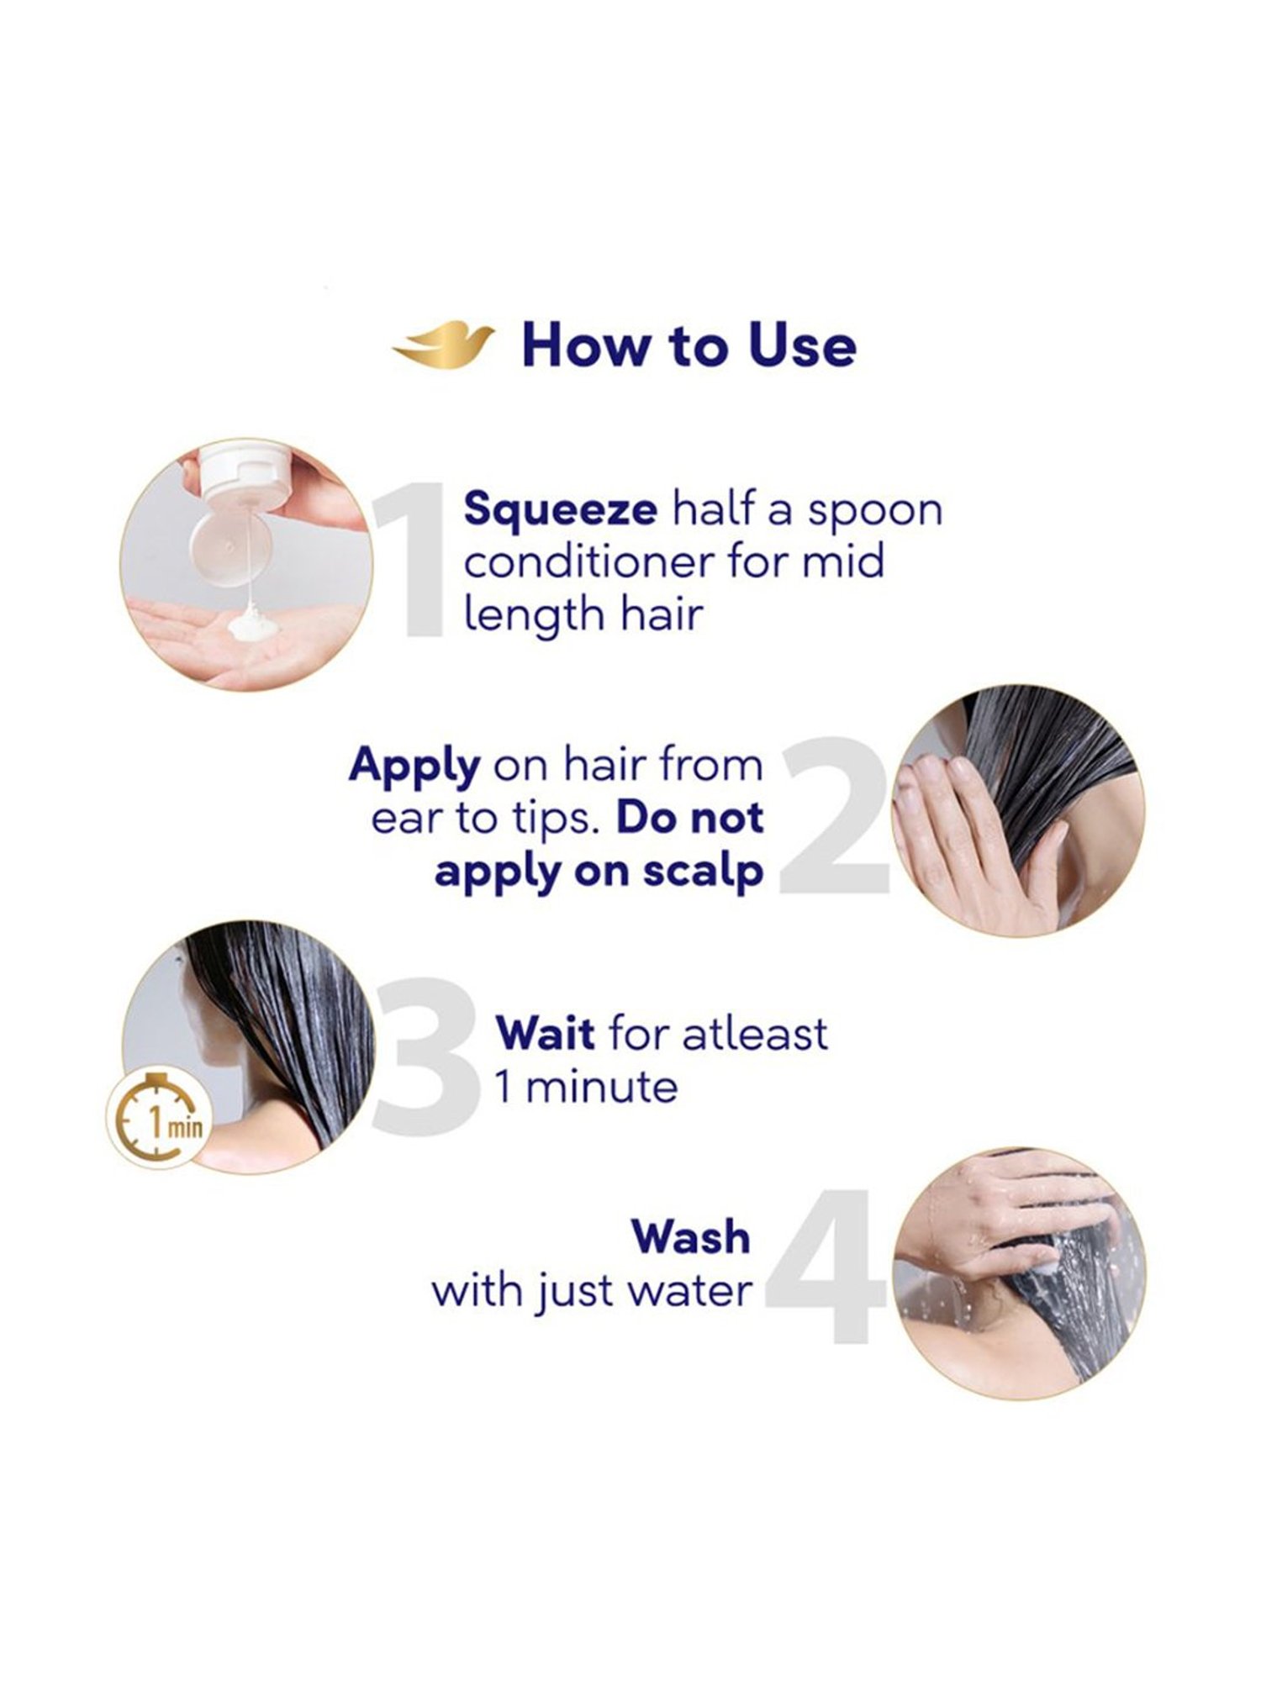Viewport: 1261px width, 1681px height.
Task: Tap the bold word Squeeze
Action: point(560,510)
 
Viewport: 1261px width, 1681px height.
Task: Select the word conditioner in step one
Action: point(589,562)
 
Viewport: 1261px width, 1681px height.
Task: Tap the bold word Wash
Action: point(691,1237)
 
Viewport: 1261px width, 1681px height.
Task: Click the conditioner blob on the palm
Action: point(249,626)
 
